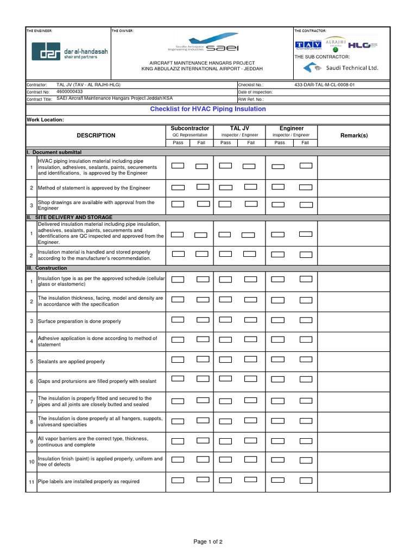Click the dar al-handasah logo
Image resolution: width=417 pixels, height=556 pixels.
pos(69,52)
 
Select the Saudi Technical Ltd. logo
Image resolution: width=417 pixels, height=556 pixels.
pos(341,68)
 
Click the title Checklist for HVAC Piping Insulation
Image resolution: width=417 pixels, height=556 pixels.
pos(208,109)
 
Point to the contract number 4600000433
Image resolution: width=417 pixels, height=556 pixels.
pos(69,92)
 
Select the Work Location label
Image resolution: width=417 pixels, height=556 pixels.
pos(45,119)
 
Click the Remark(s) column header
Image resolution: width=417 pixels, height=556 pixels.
pos(353,135)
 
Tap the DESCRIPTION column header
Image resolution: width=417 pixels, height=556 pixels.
pos(96,135)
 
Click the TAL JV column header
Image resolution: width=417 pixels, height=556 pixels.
pos(239,129)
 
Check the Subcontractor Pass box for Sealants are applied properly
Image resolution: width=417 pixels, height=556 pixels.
pos(178,359)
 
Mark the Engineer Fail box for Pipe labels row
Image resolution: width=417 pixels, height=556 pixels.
pos(306,480)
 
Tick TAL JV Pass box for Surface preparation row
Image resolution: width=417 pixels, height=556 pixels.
pos(225,319)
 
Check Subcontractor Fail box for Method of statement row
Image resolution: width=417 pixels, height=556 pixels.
pos(203,187)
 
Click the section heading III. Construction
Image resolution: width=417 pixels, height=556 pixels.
pos(47,268)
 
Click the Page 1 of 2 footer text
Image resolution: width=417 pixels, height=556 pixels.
pos(208,542)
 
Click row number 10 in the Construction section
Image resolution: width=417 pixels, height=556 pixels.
pos(31,462)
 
